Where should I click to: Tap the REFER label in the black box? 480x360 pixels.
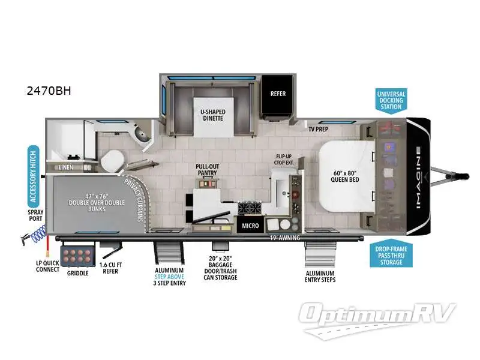coord(277,94)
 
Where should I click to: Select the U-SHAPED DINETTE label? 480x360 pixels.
coord(212,115)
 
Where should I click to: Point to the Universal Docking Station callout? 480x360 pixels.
coord(391,100)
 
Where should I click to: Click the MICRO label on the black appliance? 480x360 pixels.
coord(249,226)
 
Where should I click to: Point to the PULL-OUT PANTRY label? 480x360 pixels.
coord(206,169)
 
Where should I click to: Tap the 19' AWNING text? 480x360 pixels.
coord(285,238)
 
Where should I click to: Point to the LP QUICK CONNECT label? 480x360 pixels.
coord(47,266)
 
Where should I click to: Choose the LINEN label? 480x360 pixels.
coord(66,167)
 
